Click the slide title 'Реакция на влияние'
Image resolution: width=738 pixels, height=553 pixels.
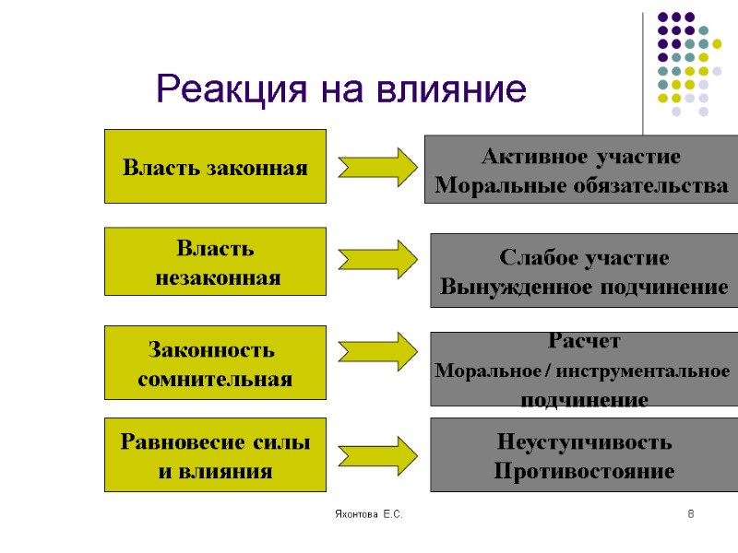pyautogui.click(x=341, y=89)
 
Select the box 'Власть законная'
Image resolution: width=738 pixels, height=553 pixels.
pyautogui.click(x=215, y=167)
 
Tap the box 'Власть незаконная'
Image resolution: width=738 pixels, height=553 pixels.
pyautogui.click(x=215, y=262)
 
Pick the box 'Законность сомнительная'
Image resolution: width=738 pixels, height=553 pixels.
pyautogui.click(x=215, y=363)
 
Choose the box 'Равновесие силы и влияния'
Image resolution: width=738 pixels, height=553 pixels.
pyautogui.click(x=215, y=455)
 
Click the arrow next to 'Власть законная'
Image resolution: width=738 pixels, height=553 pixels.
pyautogui.click(x=378, y=166)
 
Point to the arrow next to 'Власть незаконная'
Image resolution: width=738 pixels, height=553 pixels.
pyautogui.click(x=378, y=259)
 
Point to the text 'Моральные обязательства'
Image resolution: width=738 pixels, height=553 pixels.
pyautogui.click(x=581, y=186)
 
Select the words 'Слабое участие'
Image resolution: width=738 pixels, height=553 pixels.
pyautogui.click(x=584, y=257)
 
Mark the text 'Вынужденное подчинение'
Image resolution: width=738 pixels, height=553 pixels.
pyautogui.click(x=584, y=288)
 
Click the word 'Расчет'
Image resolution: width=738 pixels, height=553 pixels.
pyautogui.click(x=584, y=341)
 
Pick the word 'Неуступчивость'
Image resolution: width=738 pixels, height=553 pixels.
pyautogui.click(x=584, y=441)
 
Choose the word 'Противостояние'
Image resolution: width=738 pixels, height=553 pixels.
pyautogui.click(x=584, y=472)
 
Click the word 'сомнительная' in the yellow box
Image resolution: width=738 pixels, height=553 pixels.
pyautogui.click(x=215, y=379)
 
